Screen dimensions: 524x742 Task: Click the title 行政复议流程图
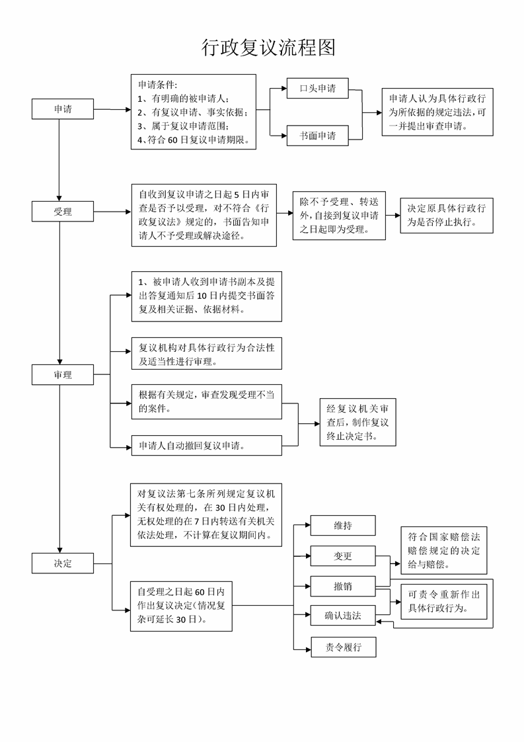coord(269,48)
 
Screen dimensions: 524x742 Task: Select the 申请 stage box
coord(63,109)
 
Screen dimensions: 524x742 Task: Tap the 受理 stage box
coord(63,212)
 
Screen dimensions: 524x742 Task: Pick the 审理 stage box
coord(63,375)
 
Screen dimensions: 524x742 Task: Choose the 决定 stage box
coord(63,563)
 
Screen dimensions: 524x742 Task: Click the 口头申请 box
coord(318,88)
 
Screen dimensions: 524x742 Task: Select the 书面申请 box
coord(318,136)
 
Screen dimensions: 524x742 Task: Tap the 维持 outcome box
coord(343,525)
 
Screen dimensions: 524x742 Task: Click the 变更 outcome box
coord(343,556)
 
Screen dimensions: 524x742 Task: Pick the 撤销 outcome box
coord(343,587)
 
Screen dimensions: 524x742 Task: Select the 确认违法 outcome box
coord(343,615)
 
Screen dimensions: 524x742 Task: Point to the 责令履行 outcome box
coord(344,647)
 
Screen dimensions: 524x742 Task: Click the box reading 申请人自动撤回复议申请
coord(207,446)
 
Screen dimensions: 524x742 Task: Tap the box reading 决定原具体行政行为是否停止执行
coord(447,216)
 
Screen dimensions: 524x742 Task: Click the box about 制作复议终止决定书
coord(357,422)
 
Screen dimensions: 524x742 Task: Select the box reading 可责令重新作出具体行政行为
coord(444,601)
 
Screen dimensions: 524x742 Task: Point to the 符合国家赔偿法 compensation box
coord(444,550)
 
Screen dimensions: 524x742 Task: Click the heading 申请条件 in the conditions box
coord(157,85)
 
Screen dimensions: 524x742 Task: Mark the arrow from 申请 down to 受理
coord(59,161)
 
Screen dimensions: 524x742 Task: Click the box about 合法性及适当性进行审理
coord(207,354)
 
